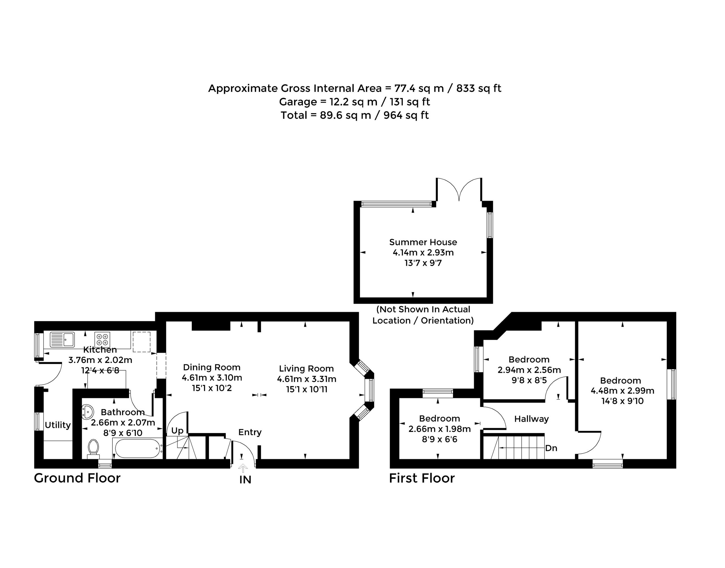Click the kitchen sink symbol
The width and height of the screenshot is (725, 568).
[62, 339]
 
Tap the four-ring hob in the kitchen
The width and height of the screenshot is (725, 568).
[102, 339]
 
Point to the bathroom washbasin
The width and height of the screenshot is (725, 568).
[87, 412]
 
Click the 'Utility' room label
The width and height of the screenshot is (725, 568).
[58, 425]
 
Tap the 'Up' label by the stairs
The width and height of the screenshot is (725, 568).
[177, 431]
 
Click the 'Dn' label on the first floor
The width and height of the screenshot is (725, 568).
[551, 448]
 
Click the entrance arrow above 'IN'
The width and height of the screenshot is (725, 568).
[243, 468]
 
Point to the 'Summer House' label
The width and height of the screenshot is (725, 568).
[423, 242]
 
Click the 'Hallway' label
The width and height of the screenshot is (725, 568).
[531, 419]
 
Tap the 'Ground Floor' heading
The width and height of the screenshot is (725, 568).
[77, 478]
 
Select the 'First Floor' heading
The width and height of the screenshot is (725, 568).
[422, 478]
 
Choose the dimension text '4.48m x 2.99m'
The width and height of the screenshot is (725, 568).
[622, 391]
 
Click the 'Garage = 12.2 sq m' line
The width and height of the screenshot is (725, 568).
[328, 102]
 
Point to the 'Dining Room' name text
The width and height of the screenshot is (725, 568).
[212, 368]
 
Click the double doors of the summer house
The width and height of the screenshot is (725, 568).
[459, 189]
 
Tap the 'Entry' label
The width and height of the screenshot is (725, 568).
[250, 432]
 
